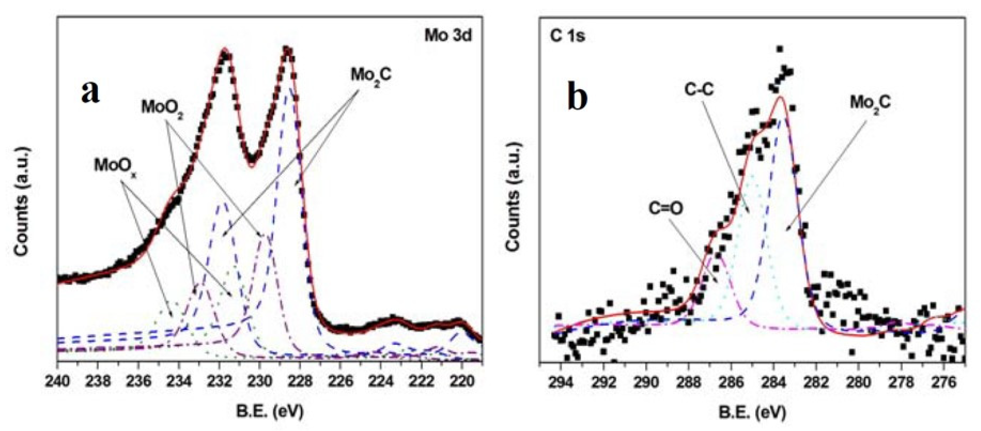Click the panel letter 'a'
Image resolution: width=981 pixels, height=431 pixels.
click(x=90, y=93)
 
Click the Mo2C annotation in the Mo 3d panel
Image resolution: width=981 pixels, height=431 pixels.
click(x=371, y=76)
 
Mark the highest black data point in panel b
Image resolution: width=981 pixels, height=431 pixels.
click(x=780, y=49)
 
